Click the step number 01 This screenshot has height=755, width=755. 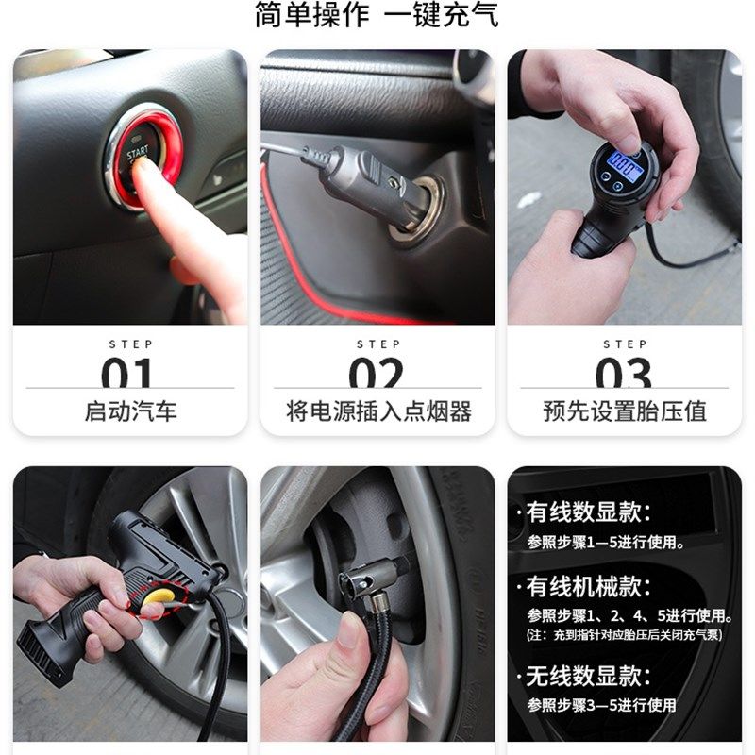pos(127,374)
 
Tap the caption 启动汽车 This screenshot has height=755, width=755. pos(130,411)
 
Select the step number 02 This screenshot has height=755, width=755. pos(377,374)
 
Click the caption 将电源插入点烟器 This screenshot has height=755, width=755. pos(377,411)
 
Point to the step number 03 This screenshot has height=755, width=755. pos(624,374)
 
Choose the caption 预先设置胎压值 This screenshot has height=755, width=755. pos(625,411)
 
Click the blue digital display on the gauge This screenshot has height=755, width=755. pos(622,161)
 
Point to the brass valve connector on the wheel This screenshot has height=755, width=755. pos(379,601)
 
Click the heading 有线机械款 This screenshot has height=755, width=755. pos(589,586)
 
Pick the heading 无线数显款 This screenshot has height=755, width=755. pos(589,676)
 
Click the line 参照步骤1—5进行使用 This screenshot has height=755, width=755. pos(606,543)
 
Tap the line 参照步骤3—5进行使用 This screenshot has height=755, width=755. pos(601,705)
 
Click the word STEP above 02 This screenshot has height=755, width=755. pos(377,344)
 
